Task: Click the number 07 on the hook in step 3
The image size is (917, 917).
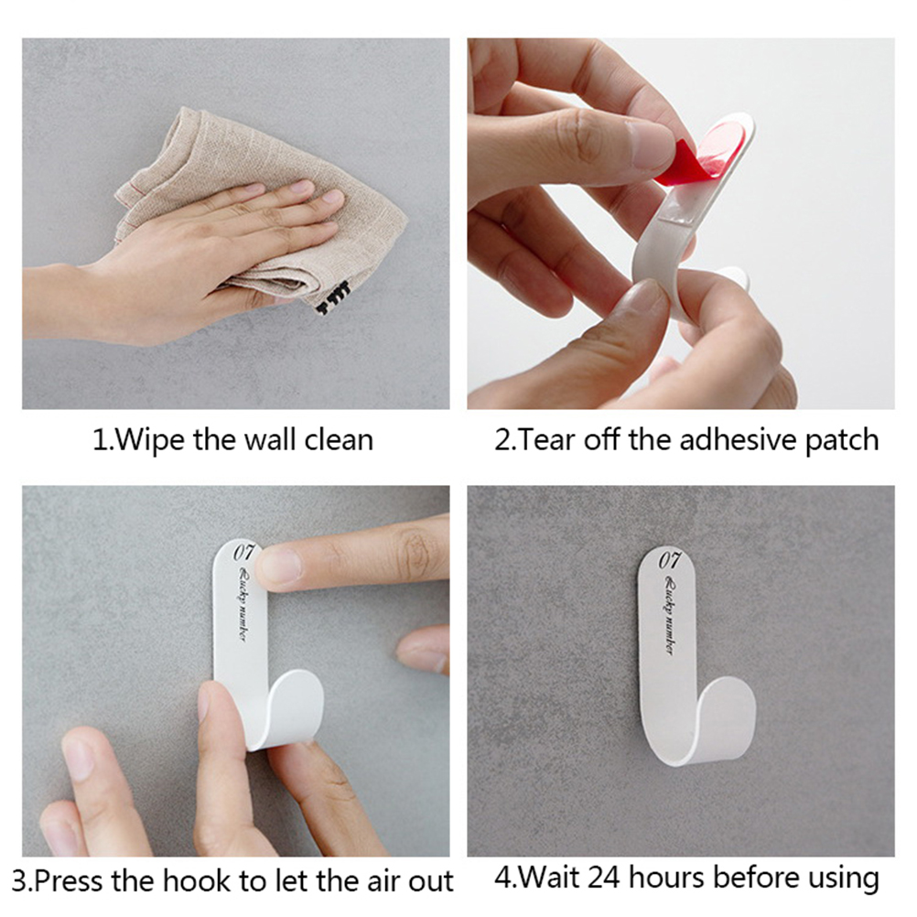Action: (x=243, y=553)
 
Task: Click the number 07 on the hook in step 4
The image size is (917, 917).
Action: (x=670, y=560)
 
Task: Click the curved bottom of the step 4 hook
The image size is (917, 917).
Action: (x=702, y=743)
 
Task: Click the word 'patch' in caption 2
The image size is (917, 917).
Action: (x=842, y=440)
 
